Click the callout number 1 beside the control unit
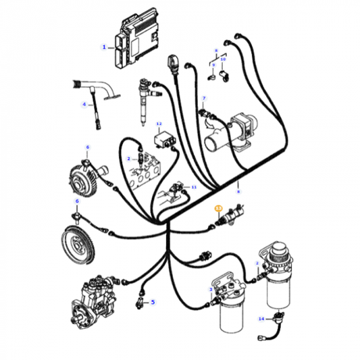pos(104,47)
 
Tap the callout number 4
pos(84,105)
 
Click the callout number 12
pos(159,124)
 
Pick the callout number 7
pos(203,98)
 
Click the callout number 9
pos(213,65)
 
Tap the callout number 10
pos(223,59)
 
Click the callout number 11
pos(194,187)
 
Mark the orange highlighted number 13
pos(217,209)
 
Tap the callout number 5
pos(153,302)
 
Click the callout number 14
pos(261,317)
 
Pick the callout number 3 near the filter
pos(211,289)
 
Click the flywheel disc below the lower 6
pos(76,242)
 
